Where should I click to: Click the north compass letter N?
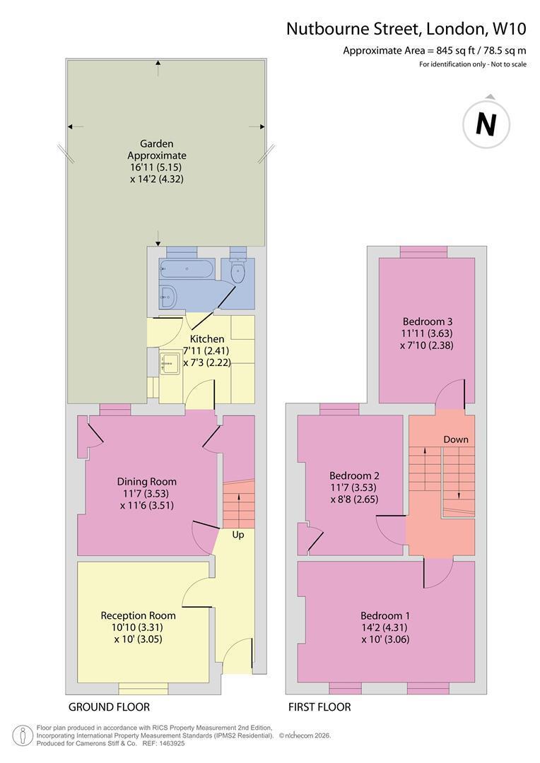486,124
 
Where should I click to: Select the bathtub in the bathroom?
186,269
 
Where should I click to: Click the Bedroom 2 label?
354,475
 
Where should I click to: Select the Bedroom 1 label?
385,615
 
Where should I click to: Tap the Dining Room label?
146,481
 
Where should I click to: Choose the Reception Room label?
138,615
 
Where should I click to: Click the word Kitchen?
207,338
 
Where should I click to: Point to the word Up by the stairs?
238,535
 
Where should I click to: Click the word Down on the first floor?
456,439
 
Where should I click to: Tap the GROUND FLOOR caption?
109,707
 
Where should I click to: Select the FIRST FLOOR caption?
319,707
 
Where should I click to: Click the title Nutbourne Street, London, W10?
406,29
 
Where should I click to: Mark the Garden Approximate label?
157,149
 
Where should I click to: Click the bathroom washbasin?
168,295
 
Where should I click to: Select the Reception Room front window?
143,689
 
